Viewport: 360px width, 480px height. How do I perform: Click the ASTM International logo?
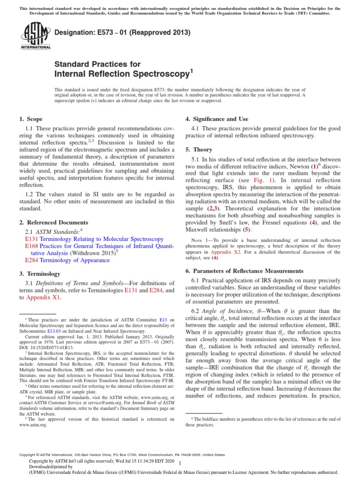pos(35,37)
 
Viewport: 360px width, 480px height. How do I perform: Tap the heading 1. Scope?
pos(30,120)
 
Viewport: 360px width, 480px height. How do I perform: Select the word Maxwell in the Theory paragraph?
pos(200,230)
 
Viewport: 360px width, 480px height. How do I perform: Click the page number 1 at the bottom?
pos(180,463)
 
